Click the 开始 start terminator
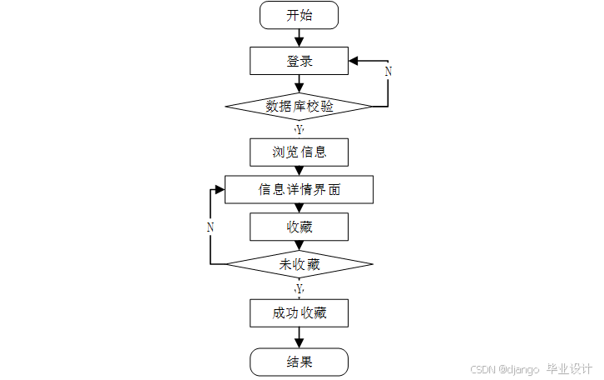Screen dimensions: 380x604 [x=299, y=15]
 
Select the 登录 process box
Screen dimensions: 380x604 [x=299, y=61]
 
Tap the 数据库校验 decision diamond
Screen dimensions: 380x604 [x=299, y=106]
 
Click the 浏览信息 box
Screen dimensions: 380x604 [x=299, y=152]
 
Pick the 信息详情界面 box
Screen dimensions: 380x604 [x=299, y=189]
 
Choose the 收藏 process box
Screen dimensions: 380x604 [x=299, y=227]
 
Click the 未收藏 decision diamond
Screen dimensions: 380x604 [x=299, y=264]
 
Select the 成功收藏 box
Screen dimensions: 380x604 [x=299, y=313]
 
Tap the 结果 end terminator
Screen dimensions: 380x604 [x=299, y=362]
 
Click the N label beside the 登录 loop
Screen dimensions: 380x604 [x=388, y=72]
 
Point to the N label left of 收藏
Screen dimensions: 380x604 [x=210, y=227]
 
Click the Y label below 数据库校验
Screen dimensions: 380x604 [x=300, y=129]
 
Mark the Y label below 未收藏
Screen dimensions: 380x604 [x=300, y=287]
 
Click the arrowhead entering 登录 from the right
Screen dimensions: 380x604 [x=354, y=61]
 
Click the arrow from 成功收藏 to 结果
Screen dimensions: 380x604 [x=299, y=337]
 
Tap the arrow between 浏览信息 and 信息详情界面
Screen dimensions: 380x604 [x=299, y=171]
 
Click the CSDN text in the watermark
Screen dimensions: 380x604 [x=483, y=369]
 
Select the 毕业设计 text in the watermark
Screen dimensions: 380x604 [x=569, y=368]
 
